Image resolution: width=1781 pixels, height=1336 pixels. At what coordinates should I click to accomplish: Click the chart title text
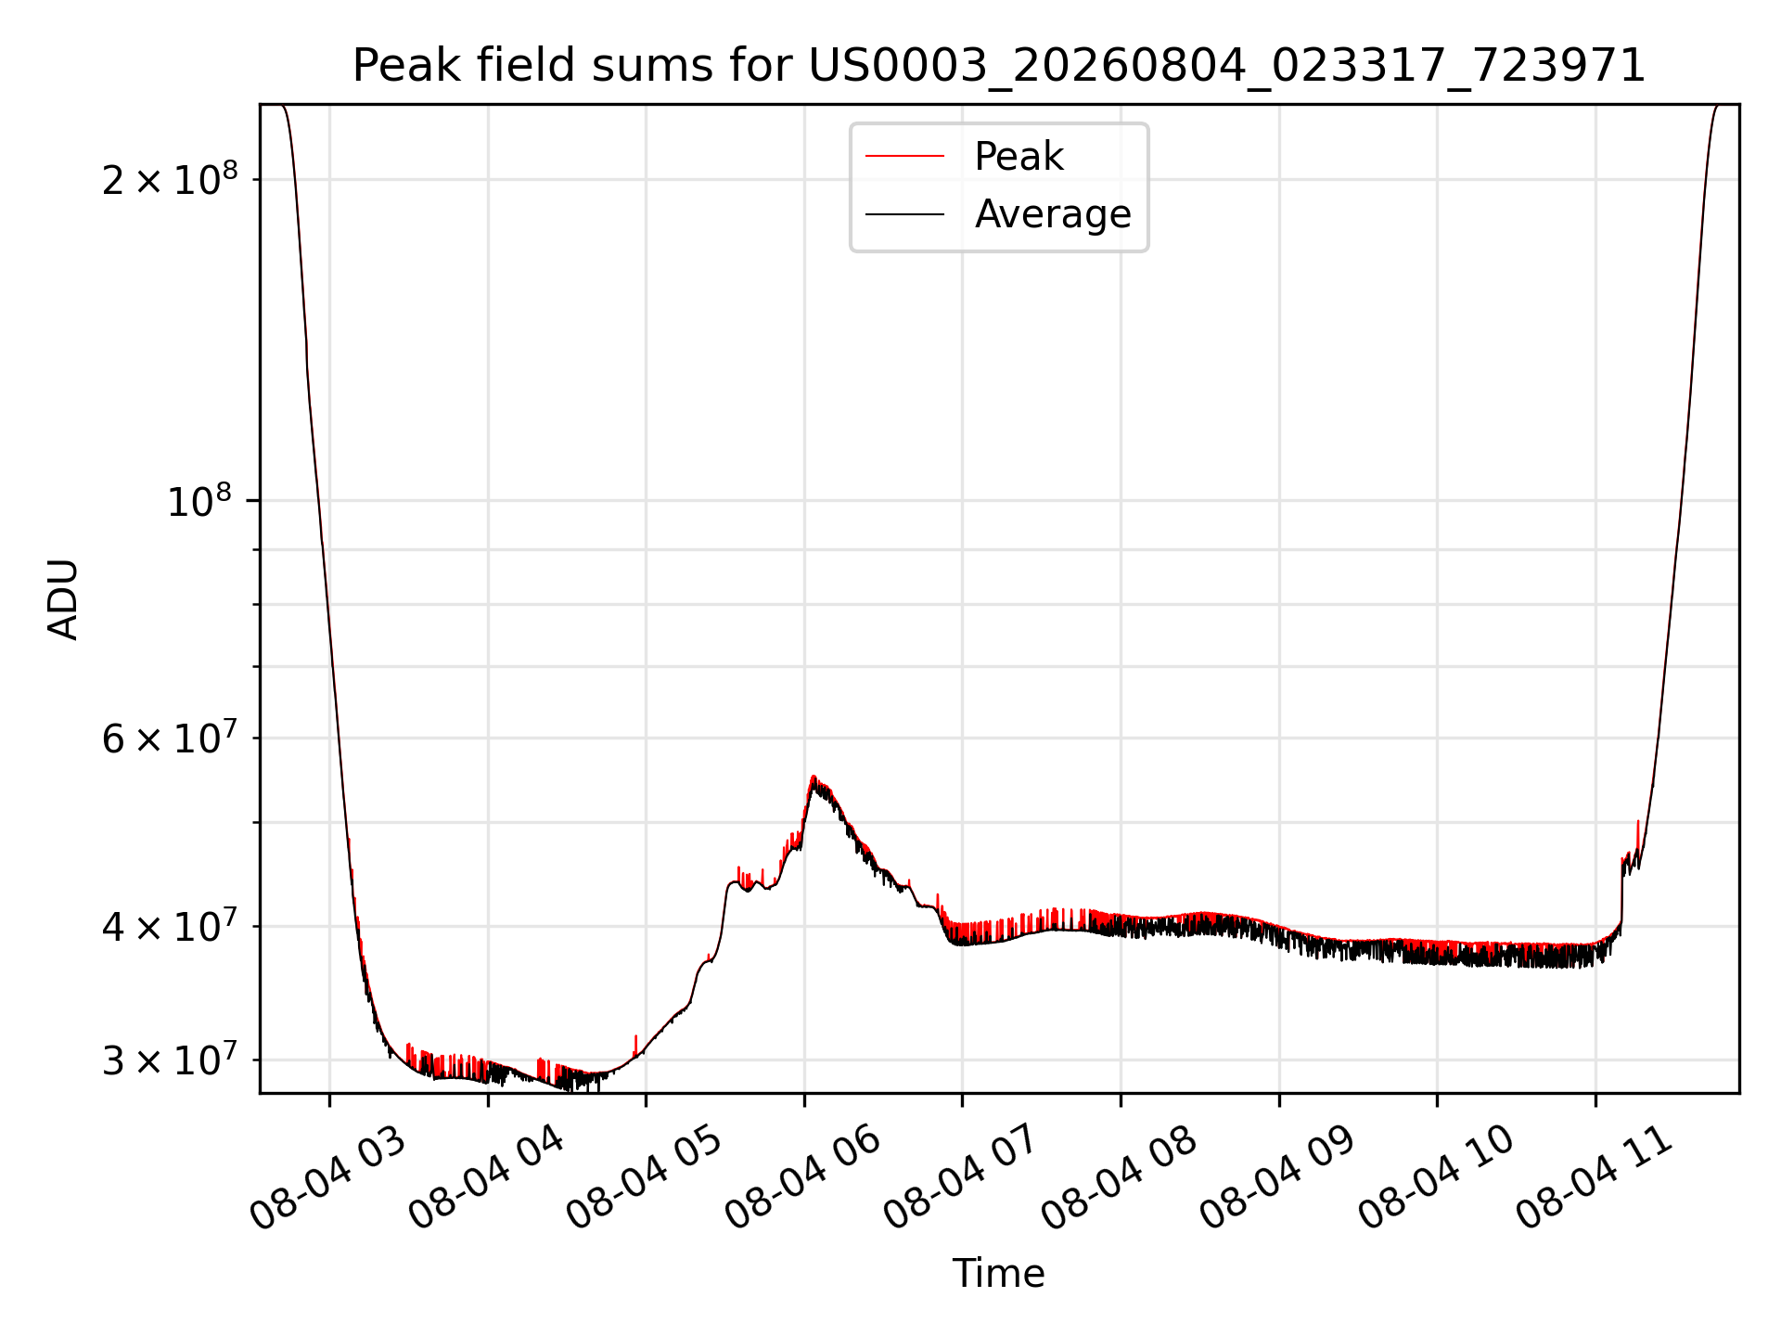[x=999, y=66]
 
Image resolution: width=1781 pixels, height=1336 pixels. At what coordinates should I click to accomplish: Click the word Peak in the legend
[x=1019, y=156]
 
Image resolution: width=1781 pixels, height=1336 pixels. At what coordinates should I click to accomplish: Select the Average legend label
[x=1053, y=214]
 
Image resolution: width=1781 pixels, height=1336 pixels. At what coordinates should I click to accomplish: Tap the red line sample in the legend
[x=905, y=156]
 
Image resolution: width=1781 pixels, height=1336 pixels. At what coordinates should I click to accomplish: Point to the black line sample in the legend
[x=905, y=214]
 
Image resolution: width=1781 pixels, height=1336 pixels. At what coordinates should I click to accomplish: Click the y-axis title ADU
[x=63, y=599]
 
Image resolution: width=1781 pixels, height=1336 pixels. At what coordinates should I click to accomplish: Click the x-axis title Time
[x=999, y=1273]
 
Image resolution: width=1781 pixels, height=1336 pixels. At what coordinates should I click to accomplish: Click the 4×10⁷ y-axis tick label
[x=169, y=925]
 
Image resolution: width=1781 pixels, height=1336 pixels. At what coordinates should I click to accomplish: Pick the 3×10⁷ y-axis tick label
[x=169, y=1059]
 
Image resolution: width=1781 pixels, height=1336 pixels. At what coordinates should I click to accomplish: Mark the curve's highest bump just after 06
[x=814, y=777]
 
